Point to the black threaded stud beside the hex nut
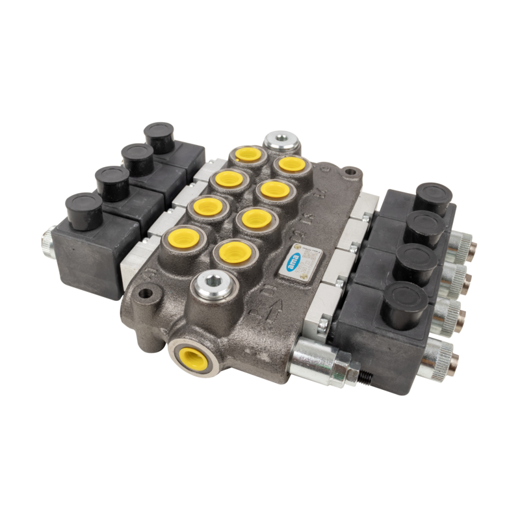(x=369, y=378)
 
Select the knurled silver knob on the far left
(x=46, y=242)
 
